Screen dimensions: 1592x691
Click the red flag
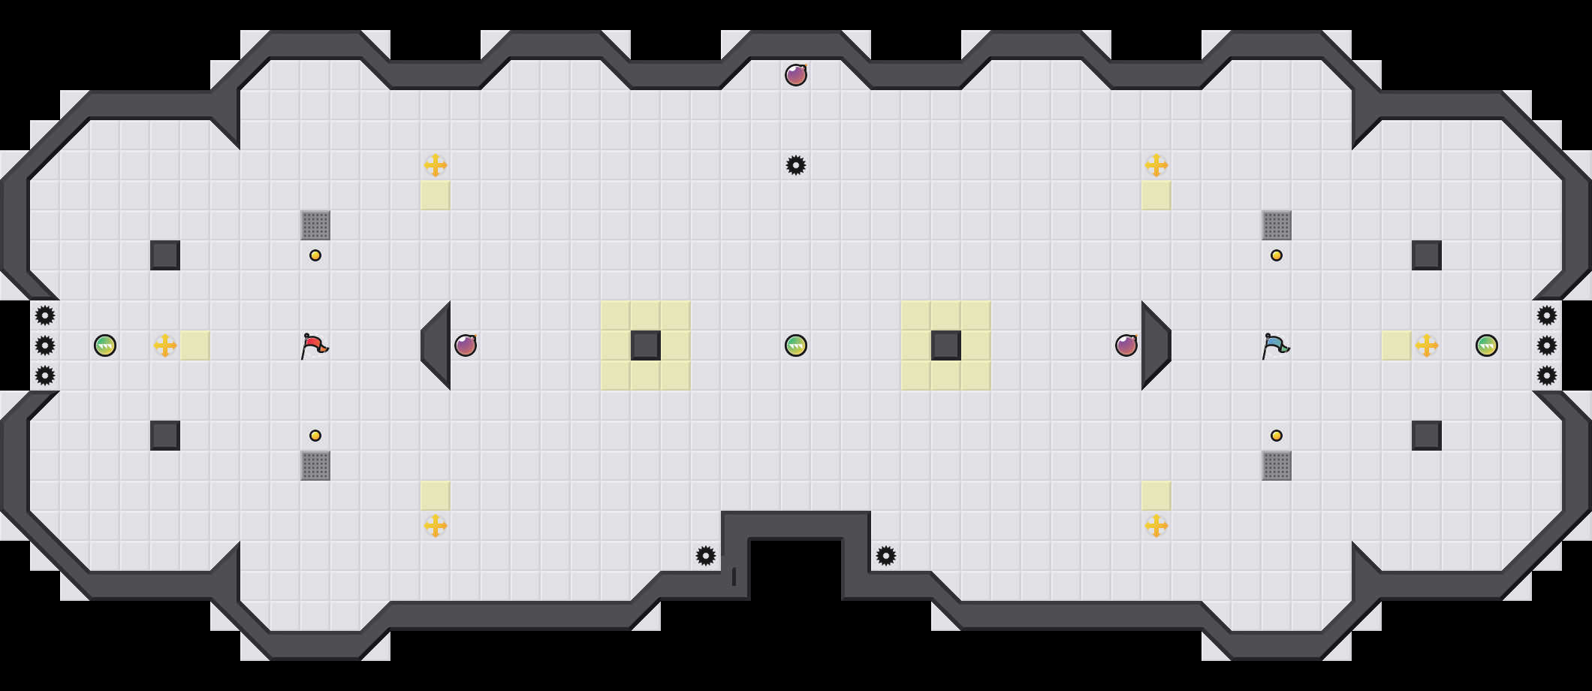pos(315,345)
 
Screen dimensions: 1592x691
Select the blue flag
pos(1275,345)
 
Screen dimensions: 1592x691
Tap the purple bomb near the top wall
pos(796,75)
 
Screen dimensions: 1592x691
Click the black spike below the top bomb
pos(796,165)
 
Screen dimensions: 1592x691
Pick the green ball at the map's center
pos(796,345)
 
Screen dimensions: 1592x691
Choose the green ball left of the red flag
pos(105,345)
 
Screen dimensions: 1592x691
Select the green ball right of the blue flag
pos(1487,345)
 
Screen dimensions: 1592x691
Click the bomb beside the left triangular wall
pos(466,345)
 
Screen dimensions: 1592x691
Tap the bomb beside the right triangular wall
pos(1126,345)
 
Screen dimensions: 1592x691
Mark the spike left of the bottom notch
pos(706,556)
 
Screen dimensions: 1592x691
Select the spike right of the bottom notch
pos(886,556)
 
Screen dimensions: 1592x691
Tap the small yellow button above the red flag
pos(315,255)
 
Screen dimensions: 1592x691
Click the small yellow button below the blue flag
pos(1277,436)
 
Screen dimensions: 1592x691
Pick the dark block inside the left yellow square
pos(646,345)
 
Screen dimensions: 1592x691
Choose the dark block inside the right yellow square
pos(946,345)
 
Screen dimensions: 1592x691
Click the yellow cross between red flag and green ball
pos(165,345)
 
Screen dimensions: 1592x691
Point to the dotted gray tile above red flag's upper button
pos(315,225)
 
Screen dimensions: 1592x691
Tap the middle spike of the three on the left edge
pos(45,345)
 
